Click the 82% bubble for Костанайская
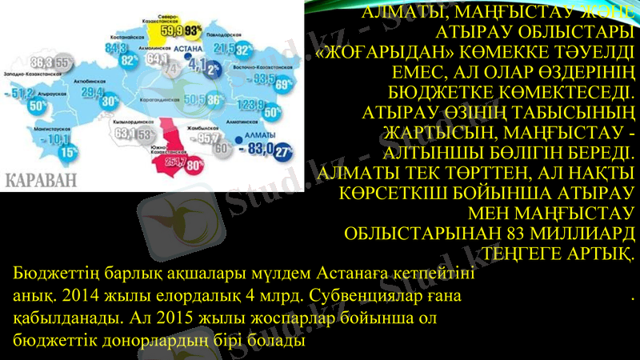[x=126, y=59]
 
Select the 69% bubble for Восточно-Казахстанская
[x=281, y=85]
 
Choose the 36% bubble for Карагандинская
[x=214, y=101]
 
